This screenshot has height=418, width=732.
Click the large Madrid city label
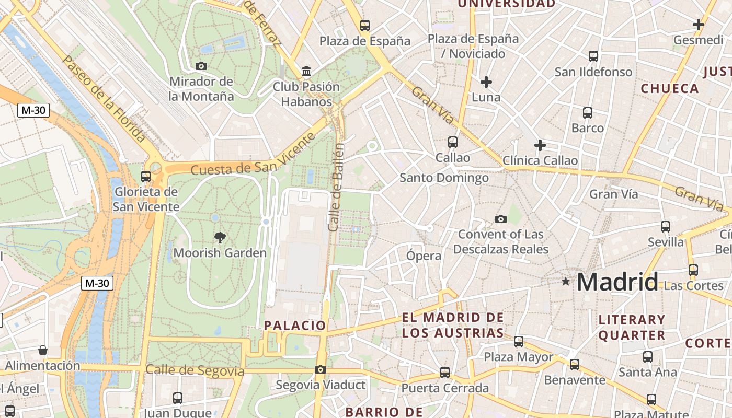pyautogui.click(x=617, y=282)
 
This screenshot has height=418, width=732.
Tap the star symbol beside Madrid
pyautogui.click(x=565, y=282)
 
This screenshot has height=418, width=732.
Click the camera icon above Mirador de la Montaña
pyautogui.click(x=201, y=66)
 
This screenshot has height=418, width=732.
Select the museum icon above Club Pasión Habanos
pyautogui.click(x=306, y=71)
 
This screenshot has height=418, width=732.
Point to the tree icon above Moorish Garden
pyautogui.click(x=220, y=238)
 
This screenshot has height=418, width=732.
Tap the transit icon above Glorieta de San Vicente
pyautogui.click(x=146, y=177)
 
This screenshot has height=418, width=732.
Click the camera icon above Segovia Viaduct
pyautogui.click(x=320, y=370)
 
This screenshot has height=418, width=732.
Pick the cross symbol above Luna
pyautogui.click(x=486, y=82)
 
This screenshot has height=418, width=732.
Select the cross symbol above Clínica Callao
pyautogui.click(x=540, y=145)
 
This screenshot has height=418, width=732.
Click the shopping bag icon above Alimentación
pyautogui.click(x=43, y=350)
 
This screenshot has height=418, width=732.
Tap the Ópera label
pyautogui.click(x=424, y=256)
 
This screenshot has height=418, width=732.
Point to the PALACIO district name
pyautogui.click(x=295, y=326)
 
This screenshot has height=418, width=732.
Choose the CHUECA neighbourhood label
pyautogui.click(x=670, y=88)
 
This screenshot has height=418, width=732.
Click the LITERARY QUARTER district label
pyautogui.click(x=632, y=327)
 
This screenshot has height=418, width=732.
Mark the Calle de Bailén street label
pyautogui.click(x=335, y=187)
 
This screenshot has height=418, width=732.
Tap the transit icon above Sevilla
pyautogui.click(x=666, y=227)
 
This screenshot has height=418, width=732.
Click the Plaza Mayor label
pyautogui.click(x=518, y=357)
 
